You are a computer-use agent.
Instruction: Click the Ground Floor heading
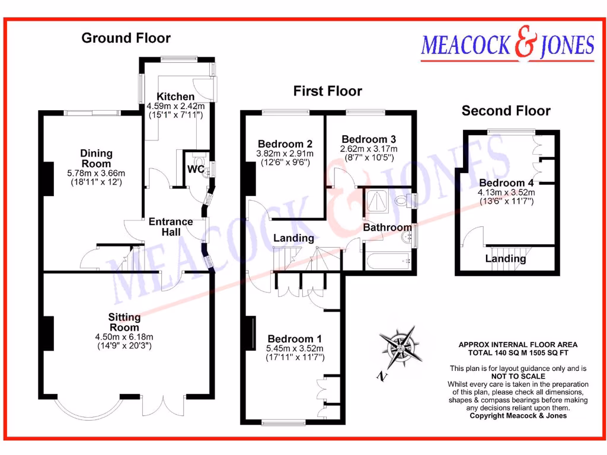pyautogui.click(x=126, y=38)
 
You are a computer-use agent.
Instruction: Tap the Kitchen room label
pyautogui.click(x=175, y=97)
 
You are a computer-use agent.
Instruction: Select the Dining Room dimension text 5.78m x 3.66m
pyautogui.click(x=96, y=173)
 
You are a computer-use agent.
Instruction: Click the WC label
pyautogui.click(x=196, y=169)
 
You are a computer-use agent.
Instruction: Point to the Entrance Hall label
pyautogui.click(x=171, y=227)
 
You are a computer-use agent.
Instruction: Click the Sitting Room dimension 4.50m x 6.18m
pyautogui.click(x=124, y=337)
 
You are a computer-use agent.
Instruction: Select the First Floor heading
pyautogui.click(x=327, y=91)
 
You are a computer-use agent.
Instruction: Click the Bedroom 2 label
pyautogui.click(x=285, y=144)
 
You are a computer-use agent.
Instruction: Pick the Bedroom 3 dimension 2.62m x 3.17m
pyautogui.click(x=369, y=149)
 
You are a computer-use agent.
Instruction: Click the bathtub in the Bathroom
pyautogui.click(x=388, y=261)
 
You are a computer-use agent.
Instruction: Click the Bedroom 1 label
pyautogui.click(x=295, y=339)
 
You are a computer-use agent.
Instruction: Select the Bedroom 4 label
pyautogui.click(x=506, y=182)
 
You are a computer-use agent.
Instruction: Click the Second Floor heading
pyautogui.click(x=506, y=111)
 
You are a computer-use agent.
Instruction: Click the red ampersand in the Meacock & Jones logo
pyautogui.click(x=526, y=43)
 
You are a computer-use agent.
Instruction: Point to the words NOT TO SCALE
pyautogui.click(x=518, y=376)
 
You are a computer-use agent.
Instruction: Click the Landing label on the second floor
pyautogui.click(x=506, y=258)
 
